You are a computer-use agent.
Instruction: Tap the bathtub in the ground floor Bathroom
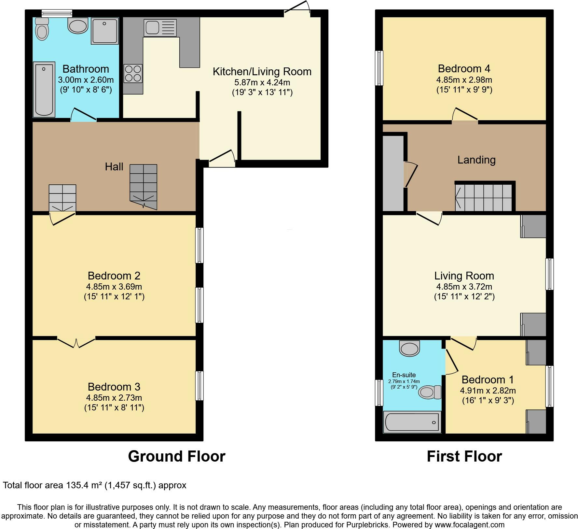click(44, 89)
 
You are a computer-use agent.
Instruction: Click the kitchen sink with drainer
click(160, 28)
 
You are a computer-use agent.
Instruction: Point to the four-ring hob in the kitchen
click(133, 74)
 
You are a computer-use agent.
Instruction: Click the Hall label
click(114, 167)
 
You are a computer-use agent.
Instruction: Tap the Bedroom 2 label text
click(114, 276)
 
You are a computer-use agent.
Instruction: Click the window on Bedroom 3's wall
click(199, 386)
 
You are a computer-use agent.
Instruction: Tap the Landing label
click(476, 160)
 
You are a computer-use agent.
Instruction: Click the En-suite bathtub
click(412, 422)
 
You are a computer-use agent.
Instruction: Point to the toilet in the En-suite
click(429, 392)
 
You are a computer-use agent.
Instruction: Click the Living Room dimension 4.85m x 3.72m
click(464, 287)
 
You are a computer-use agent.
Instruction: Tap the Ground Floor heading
click(176, 456)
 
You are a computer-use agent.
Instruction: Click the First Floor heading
click(464, 456)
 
